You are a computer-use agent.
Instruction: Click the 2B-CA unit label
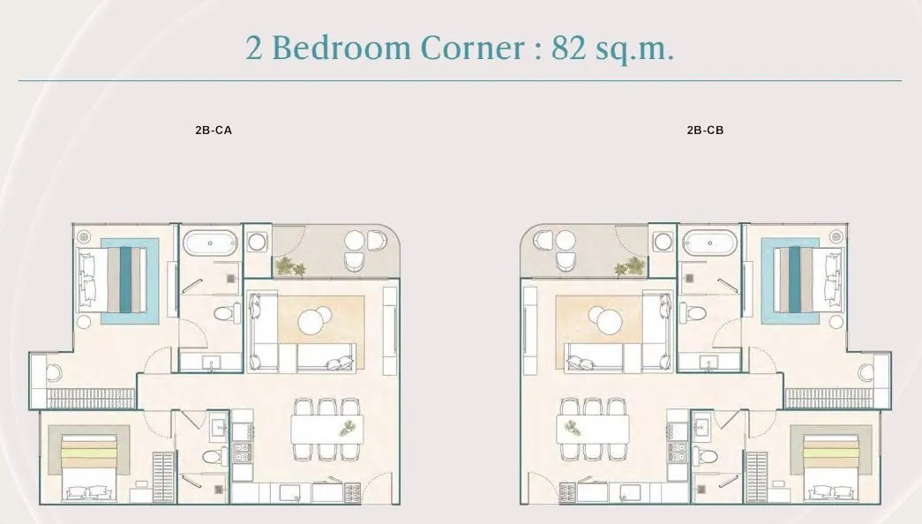pyautogui.click(x=214, y=130)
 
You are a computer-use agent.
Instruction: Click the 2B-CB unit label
pyautogui.click(x=705, y=130)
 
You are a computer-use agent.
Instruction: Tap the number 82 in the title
pyautogui.click(x=568, y=48)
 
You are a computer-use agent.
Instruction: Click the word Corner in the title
pyautogui.click(x=472, y=48)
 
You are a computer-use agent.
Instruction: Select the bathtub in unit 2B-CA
pyautogui.click(x=210, y=243)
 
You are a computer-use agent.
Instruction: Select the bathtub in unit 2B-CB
pyautogui.click(x=709, y=243)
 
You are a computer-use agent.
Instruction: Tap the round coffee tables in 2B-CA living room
pyautogui.click(x=315, y=320)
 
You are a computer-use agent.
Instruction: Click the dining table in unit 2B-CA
pyautogui.click(x=327, y=430)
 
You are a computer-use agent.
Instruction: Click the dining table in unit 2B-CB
pyautogui.click(x=593, y=430)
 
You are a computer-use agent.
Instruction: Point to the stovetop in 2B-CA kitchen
pyautogui.click(x=242, y=453)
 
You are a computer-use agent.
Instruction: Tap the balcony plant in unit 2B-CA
pyautogui.click(x=290, y=266)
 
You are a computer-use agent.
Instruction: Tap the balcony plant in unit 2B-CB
pyautogui.click(x=629, y=266)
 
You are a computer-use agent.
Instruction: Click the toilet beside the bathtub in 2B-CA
pyautogui.click(x=227, y=312)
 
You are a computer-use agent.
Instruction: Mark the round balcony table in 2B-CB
pyautogui.click(x=566, y=240)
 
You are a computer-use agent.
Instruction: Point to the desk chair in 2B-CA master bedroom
pyautogui.click(x=54, y=371)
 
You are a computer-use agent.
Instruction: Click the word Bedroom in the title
pyautogui.click(x=341, y=48)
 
